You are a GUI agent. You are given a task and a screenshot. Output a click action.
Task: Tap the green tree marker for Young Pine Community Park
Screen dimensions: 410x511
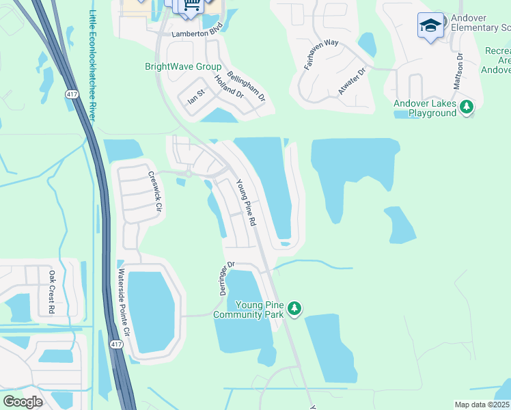pos(294,309)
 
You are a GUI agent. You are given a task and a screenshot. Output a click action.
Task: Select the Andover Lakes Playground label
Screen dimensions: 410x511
pos(424,108)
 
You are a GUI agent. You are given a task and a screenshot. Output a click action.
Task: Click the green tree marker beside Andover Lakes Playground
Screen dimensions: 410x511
pos(467,107)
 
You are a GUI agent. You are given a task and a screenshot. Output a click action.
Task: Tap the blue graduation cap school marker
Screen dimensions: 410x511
pos(430,26)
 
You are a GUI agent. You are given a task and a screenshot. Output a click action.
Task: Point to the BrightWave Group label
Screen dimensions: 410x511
pos(183,66)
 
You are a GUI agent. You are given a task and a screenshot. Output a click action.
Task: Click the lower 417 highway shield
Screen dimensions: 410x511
pos(116,344)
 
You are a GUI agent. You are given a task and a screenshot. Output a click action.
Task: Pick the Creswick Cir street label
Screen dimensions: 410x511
pos(155,190)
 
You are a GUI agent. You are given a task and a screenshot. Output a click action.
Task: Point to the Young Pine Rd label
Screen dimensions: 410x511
pos(245,202)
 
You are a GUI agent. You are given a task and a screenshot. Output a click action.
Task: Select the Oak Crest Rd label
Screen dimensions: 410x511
pos(52,292)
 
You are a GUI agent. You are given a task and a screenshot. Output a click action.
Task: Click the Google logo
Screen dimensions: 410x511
pos(23,402)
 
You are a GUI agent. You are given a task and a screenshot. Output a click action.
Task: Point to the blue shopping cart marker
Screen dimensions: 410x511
pos(191,5)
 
